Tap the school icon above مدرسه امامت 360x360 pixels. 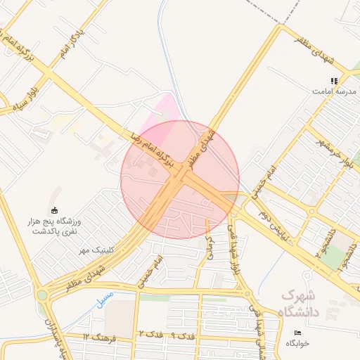[x=335, y=81]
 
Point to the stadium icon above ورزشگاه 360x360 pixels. [x=55, y=210]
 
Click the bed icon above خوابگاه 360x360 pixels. [x=297, y=332]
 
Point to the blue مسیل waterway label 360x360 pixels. [x=103, y=300]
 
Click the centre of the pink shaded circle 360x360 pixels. [x=180, y=179]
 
